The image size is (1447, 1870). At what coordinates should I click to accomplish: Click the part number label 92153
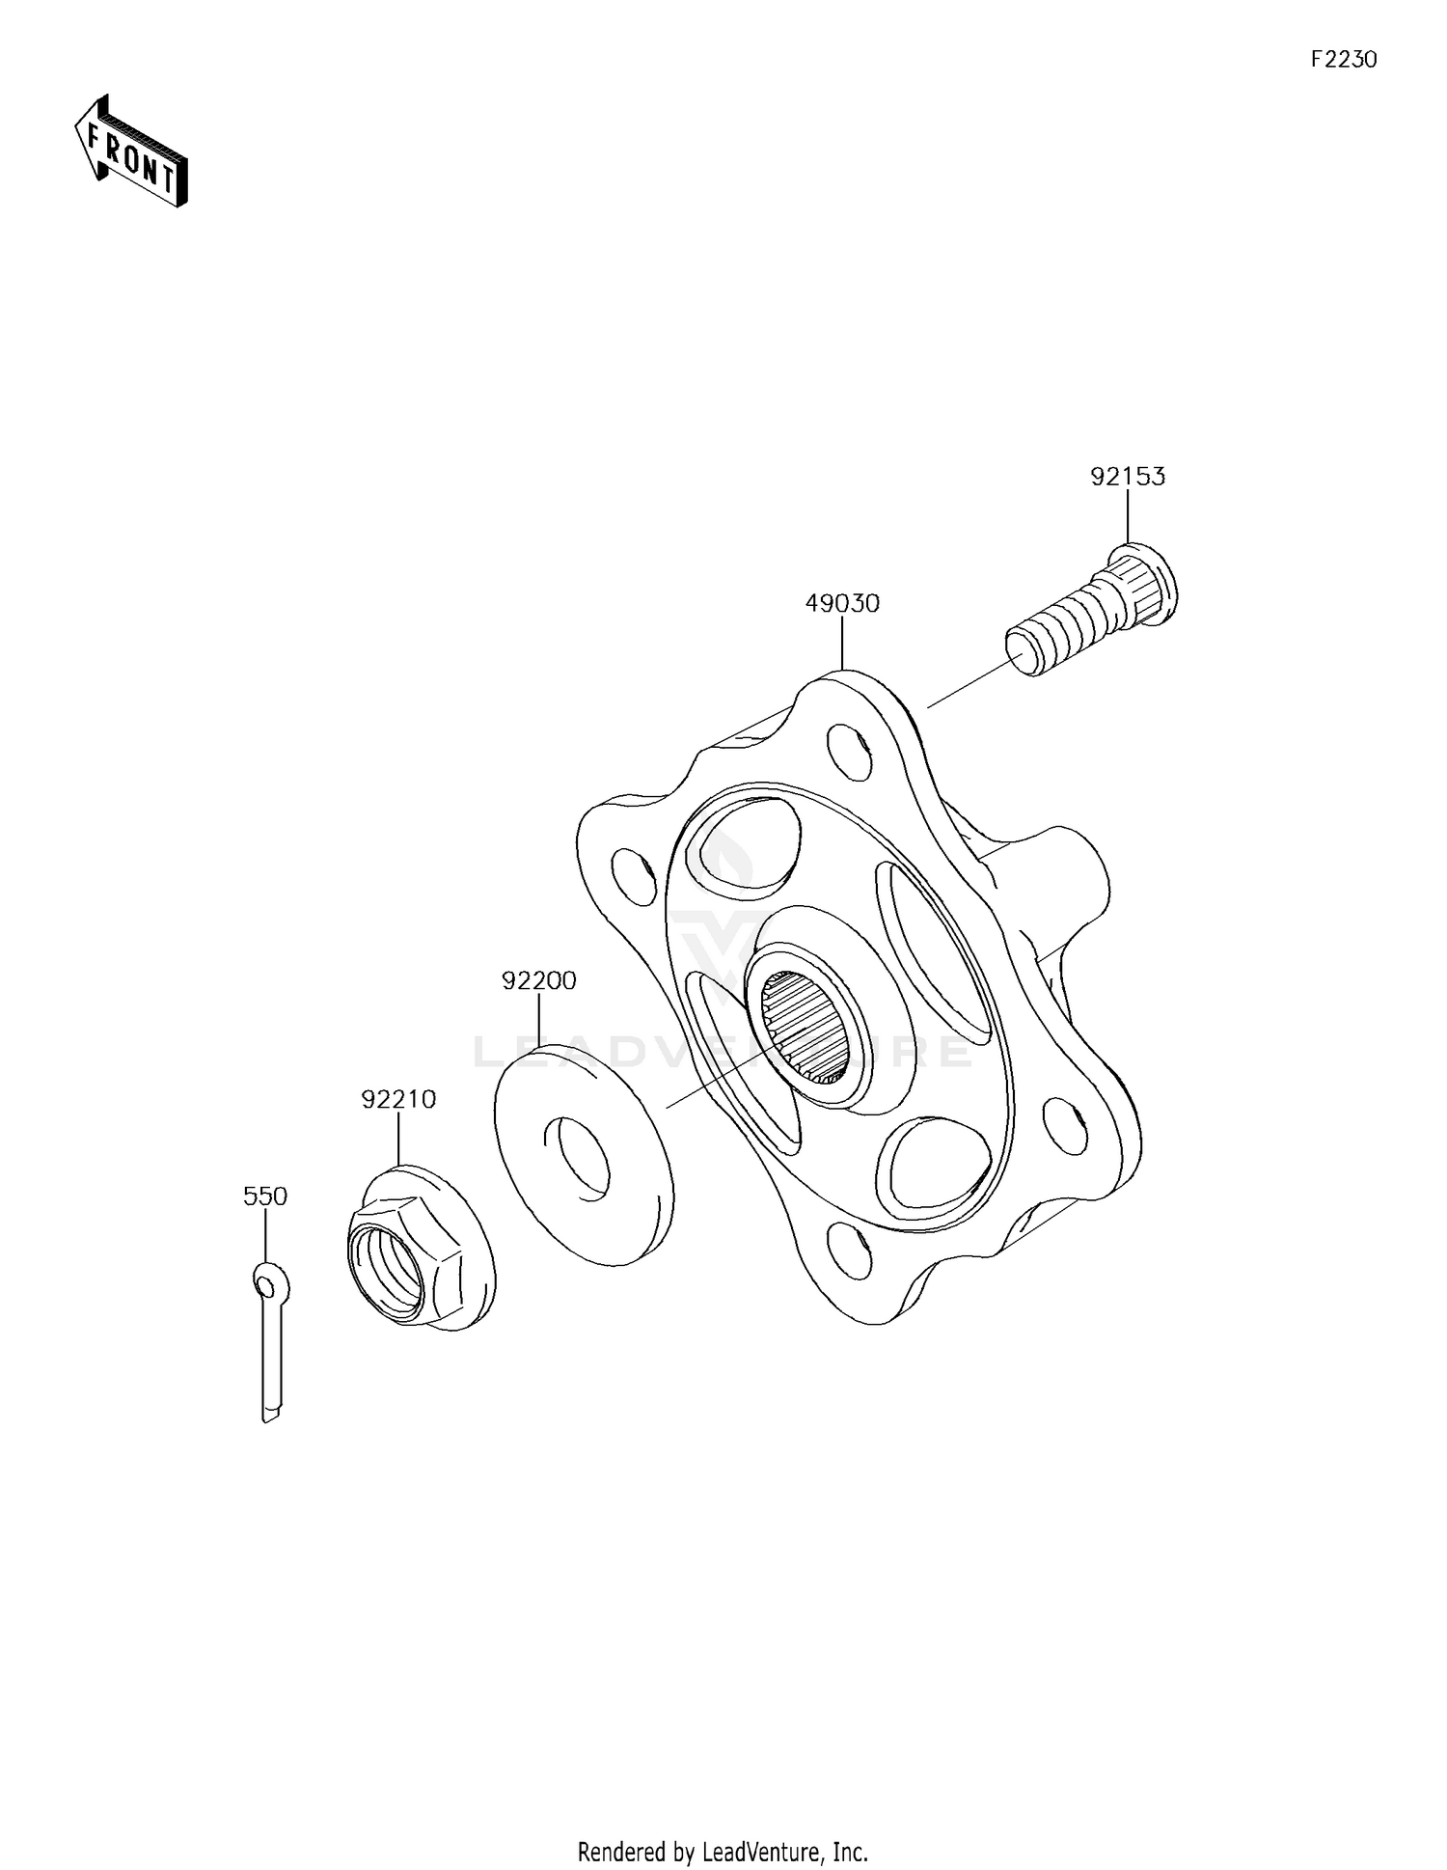coord(1127,477)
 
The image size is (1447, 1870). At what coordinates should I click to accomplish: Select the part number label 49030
coord(842,604)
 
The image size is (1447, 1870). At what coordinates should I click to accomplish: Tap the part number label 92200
coord(538,980)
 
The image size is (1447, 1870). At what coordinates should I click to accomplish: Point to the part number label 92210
coord(398,1099)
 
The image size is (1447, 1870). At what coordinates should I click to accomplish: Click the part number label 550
coord(264,1196)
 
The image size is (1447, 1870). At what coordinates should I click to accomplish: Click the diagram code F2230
coord(1343,60)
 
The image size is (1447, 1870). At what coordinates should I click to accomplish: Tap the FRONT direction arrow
coord(131,154)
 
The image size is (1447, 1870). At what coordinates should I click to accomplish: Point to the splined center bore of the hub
coord(807,1027)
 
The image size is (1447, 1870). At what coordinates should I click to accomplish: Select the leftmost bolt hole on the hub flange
coord(632,875)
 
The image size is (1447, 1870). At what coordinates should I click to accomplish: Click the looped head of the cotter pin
coord(267,1282)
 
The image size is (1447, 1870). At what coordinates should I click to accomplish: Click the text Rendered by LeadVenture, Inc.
coord(723,1852)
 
